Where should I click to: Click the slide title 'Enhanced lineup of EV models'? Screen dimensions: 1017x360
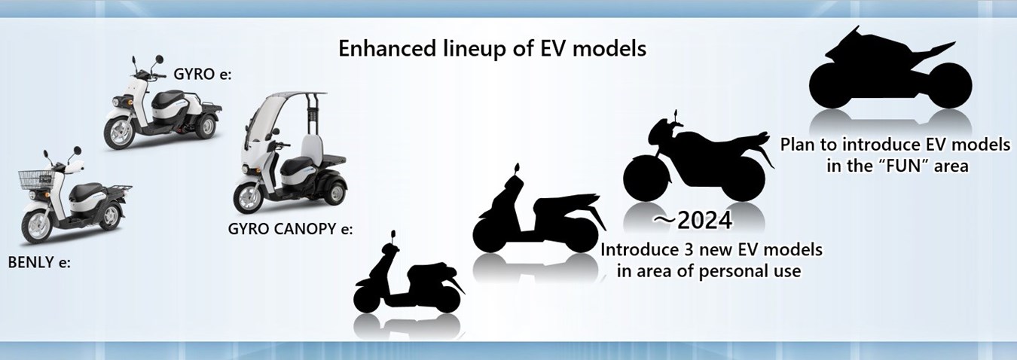(x=492, y=48)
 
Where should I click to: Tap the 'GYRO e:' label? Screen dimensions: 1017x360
(x=203, y=74)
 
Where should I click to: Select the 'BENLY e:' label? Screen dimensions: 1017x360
(x=39, y=262)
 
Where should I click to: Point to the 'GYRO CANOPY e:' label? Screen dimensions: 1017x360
(x=290, y=228)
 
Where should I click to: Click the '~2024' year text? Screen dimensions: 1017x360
(x=693, y=221)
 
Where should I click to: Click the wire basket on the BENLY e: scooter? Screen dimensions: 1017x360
(x=35, y=180)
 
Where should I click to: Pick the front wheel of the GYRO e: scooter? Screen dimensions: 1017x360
(x=121, y=133)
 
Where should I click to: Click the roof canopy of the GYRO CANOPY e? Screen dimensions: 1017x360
(x=291, y=96)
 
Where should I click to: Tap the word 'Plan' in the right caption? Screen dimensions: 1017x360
(x=799, y=145)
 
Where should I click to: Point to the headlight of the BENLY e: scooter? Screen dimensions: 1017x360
(x=32, y=195)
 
